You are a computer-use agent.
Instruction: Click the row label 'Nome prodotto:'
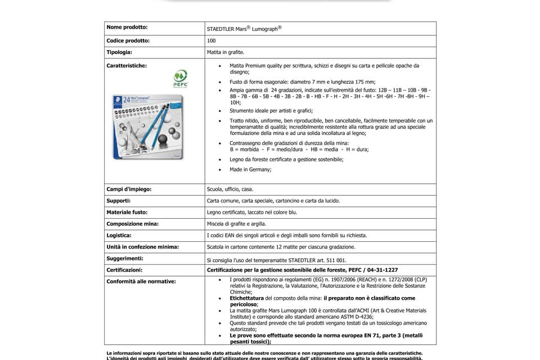127,27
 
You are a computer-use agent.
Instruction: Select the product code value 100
211,40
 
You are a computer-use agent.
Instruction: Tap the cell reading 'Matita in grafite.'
226,52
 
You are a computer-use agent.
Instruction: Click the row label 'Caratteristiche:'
127,66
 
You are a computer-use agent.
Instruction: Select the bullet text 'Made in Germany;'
250,169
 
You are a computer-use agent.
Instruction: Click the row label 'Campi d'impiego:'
129,189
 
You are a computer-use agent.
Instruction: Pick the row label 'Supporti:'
119,200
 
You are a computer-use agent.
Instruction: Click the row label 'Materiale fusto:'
127,212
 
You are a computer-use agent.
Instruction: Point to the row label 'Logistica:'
119,235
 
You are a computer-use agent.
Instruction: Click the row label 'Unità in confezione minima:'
143,246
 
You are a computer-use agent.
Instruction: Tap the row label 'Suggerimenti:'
125,258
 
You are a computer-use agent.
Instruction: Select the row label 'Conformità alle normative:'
141,281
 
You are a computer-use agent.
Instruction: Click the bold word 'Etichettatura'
246,298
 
